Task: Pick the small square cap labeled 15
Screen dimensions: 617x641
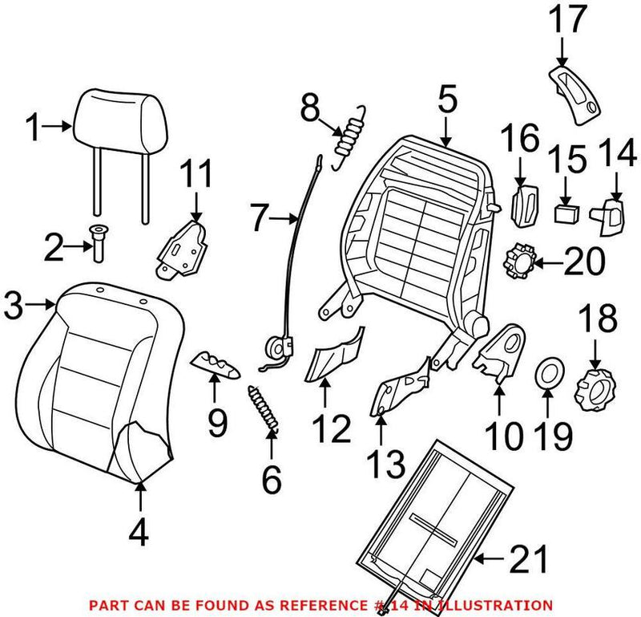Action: coord(567,213)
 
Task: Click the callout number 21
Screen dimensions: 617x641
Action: coord(530,558)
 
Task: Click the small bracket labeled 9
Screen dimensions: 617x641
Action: coord(216,364)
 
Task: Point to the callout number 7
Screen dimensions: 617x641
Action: coord(264,217)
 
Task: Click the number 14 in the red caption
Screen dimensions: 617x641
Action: coord(410,604)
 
